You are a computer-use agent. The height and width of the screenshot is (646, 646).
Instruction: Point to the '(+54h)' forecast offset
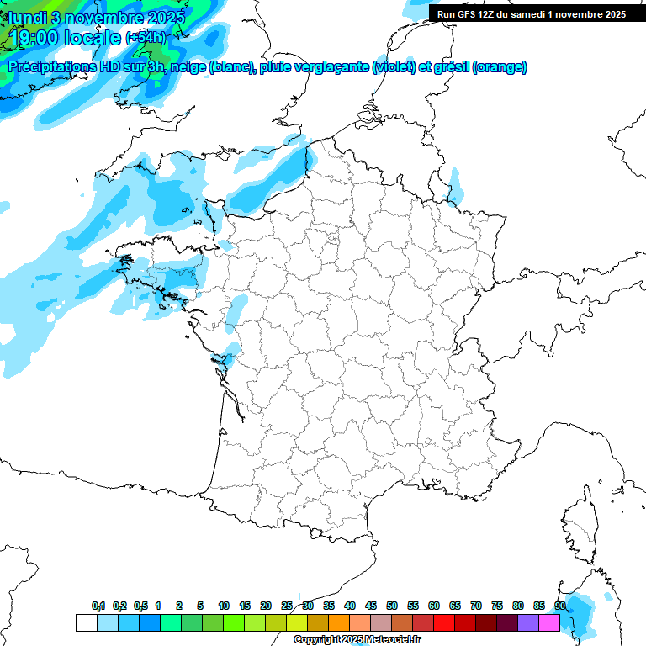(145, 38)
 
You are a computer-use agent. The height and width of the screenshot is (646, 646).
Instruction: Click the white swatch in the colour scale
(86, 623)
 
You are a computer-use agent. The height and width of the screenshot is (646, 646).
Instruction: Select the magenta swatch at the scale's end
(549, 623)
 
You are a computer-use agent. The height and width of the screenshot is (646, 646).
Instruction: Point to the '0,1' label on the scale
(98, 606)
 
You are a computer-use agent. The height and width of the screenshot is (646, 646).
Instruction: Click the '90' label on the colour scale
(559, 606)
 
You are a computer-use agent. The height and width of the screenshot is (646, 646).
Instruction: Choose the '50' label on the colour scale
(392, 606)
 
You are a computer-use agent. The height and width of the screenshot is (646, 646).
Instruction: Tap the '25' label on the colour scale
(287, 606)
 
